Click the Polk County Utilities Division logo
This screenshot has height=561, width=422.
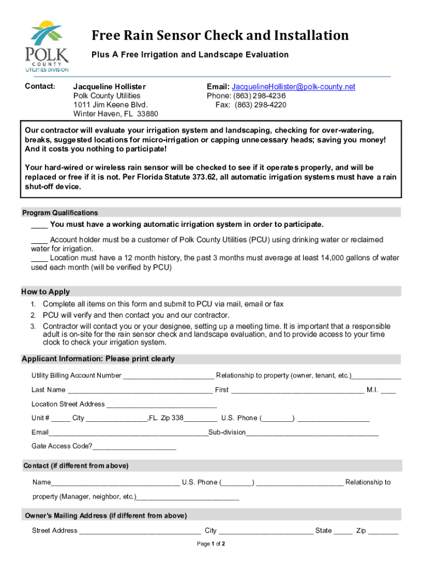(47, 46)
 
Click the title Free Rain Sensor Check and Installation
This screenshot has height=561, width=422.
(220, 36)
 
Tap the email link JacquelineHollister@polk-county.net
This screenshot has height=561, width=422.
(293, 87)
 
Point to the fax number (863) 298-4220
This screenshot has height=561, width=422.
(260, 105)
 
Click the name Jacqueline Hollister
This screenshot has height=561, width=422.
(110, 87)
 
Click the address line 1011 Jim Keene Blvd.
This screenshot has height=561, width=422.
(111, 105)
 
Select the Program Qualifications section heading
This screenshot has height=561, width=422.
(60, 213)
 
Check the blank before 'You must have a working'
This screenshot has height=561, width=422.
(39, 225)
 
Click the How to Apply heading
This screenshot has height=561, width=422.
(45, 291)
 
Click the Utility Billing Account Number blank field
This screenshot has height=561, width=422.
(168, 376)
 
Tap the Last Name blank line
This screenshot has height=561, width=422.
(140, 391)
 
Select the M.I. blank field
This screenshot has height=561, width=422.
(388, 391)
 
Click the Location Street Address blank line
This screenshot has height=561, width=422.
(162, 405)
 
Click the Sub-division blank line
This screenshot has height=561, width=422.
(312, 433)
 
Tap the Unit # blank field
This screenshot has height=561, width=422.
(61, 419)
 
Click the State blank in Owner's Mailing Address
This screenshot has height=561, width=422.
(343, 531)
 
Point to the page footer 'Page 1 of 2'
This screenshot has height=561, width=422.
(211, 544)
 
